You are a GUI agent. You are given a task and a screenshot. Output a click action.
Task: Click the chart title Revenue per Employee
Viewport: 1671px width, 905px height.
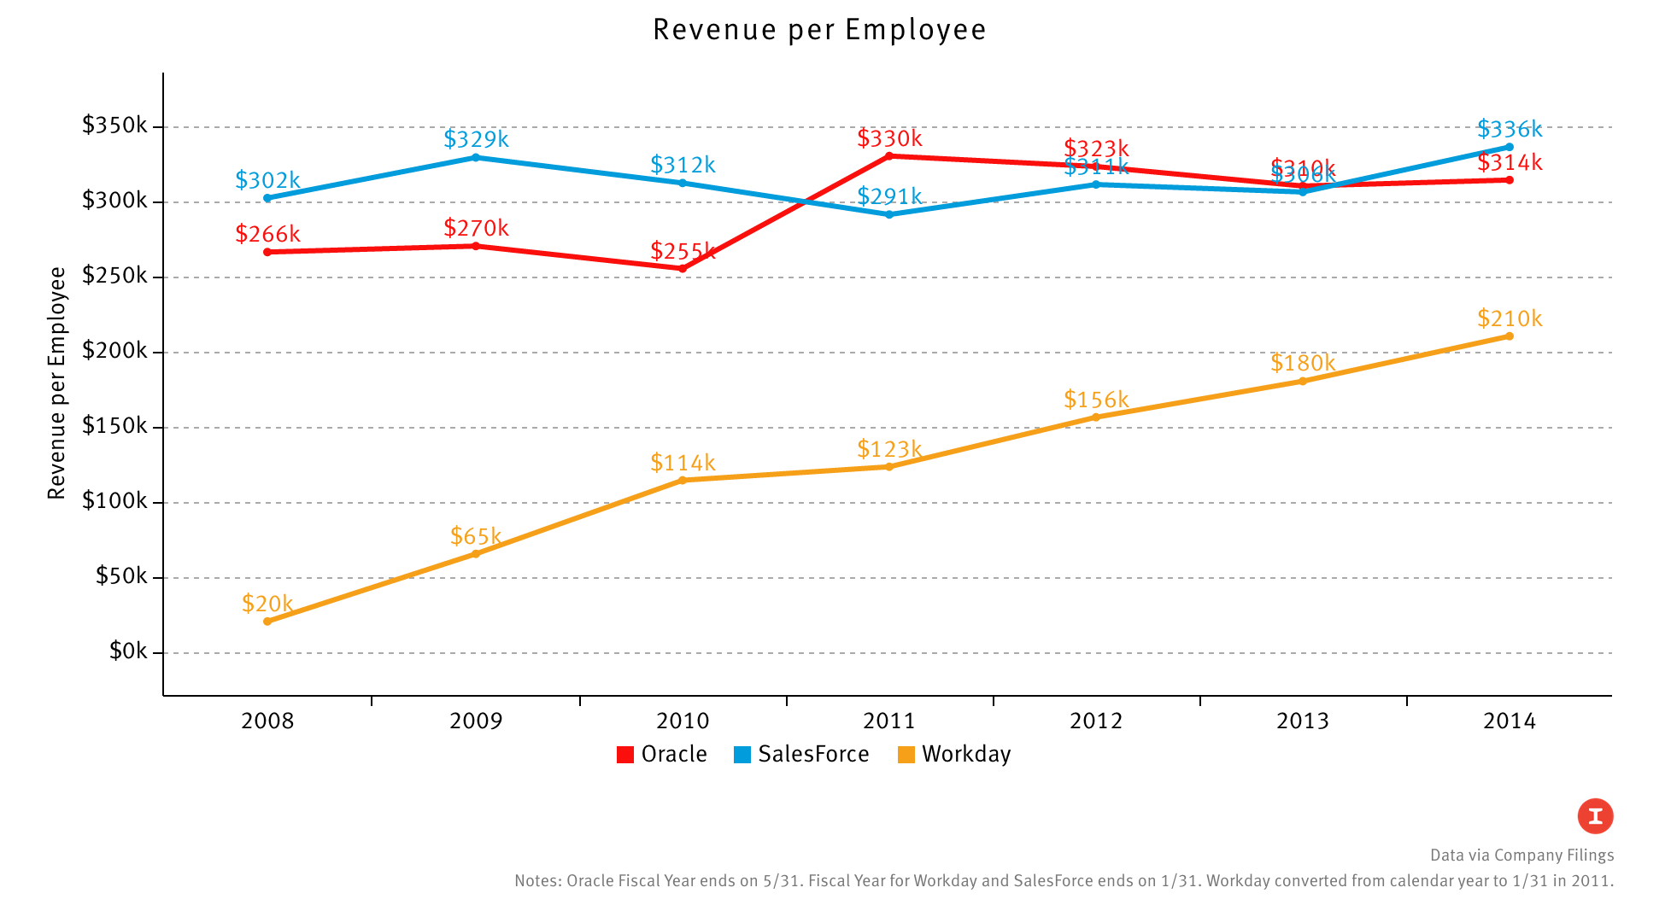point(819,30)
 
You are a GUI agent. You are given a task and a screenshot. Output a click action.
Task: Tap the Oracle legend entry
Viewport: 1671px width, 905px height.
point(662,755)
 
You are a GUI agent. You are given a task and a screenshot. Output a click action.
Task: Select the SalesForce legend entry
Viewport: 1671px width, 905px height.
point(801,755)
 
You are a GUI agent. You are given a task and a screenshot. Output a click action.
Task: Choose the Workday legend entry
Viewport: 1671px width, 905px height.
point(954,755)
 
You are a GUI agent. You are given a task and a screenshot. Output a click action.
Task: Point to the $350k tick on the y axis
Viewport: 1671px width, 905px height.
point(115,126)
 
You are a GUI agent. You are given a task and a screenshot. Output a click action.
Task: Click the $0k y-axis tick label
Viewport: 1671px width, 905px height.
point(129,652)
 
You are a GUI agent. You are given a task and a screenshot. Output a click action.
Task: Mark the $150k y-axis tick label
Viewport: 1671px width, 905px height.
point(115,426)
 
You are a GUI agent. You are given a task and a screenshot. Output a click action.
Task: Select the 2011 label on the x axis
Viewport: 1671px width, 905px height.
point(889,721)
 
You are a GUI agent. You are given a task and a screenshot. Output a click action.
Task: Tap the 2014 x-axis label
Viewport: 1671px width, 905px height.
point(1510,721)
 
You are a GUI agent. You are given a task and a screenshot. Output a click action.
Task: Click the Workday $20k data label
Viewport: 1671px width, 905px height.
point(267,604)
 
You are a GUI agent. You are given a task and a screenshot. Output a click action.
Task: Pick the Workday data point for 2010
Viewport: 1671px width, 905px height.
point(683,481)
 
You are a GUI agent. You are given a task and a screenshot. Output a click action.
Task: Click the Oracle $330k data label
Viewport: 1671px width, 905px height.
point(889,138)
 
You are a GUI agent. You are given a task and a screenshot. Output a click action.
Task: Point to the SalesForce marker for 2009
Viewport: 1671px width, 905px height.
point(476,157)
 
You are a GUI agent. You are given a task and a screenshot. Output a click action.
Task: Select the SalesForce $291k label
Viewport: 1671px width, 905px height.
point(889,196)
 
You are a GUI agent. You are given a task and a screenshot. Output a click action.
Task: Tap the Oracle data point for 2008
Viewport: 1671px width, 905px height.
point(267,252)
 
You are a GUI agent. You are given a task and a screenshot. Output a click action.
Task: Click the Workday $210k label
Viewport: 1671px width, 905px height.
point(1510,318)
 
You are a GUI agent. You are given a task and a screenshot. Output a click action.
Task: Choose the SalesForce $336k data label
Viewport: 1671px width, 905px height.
point(1510,129)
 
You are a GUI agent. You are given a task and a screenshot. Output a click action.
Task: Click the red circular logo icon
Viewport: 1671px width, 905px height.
point(1595,816)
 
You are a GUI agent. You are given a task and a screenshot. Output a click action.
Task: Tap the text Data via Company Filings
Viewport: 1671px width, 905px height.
point(1521,855)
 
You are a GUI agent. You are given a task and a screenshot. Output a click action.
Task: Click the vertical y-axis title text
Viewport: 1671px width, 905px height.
point(56,382)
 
